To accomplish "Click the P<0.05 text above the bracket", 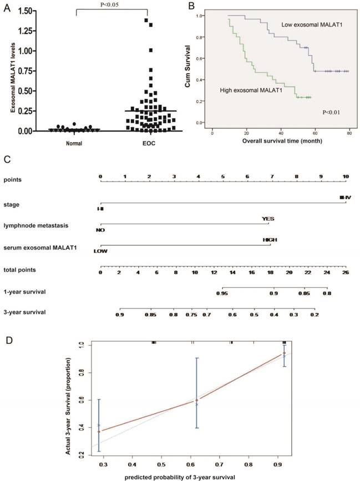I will pyautogui.click(x=114, y=5).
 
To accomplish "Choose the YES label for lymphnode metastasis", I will pyautogui.click(x=268, y=219).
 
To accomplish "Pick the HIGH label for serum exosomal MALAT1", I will pyautogui.click(x=270, y=240).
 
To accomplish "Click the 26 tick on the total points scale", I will pyautogui.click(x=346, y=273).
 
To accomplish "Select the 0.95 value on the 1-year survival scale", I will pyautogui.click(x=222, y=293).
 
